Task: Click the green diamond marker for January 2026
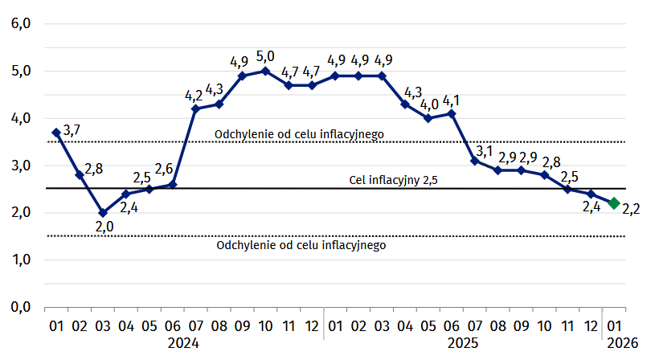[x=614, y=203]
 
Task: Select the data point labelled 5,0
[x=265, y=71]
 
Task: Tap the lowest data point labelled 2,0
[x=103, y=213]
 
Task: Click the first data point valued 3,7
[x=56, y=132]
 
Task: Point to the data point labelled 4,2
[x=195, y=108]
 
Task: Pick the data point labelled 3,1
[x=475, y=161]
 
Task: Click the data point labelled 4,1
[x=452, y=113]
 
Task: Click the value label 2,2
[x=631, y=210]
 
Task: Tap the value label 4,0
[x=429, y=104]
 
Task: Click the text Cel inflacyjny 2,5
[x=393, y=179]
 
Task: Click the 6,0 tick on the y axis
[x=20, y=23]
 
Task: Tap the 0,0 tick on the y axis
[x=20, y=307]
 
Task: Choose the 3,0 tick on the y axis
[x=20, y=166]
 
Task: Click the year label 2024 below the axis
[x=183, y=343]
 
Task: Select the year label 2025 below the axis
[x=463, y=343]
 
